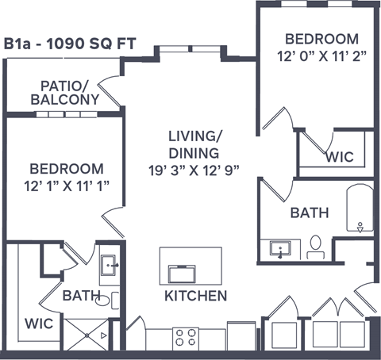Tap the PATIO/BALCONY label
coord(65,92)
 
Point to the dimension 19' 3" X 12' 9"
coord(193,170)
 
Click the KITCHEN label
coord(195,296)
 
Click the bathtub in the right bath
coord(360,213)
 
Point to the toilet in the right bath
coord(315,247)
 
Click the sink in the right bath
coord(280,250)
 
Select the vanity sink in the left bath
coord(111,264)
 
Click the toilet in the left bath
coord(114,300)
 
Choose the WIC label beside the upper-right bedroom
coord(339,156)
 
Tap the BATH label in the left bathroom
coord(81,296)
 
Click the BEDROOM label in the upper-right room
coord(321,38)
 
